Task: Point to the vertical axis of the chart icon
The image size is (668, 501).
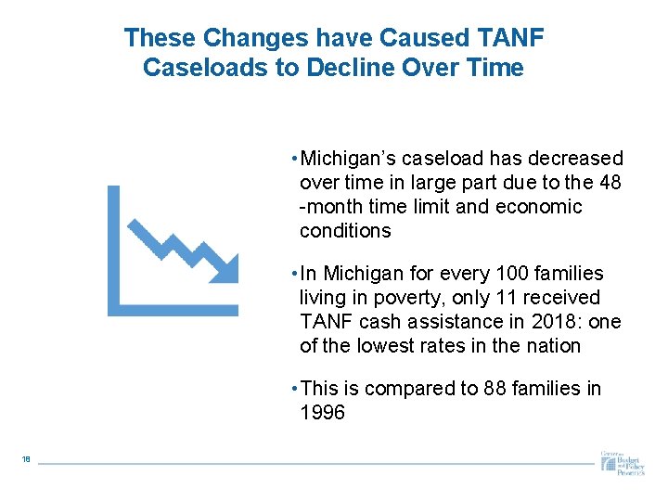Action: [114, 250]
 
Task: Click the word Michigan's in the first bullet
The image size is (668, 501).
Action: [347, 159]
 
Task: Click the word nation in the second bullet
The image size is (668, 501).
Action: [553, 346]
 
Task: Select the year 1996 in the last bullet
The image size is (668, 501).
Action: [322, 413]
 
